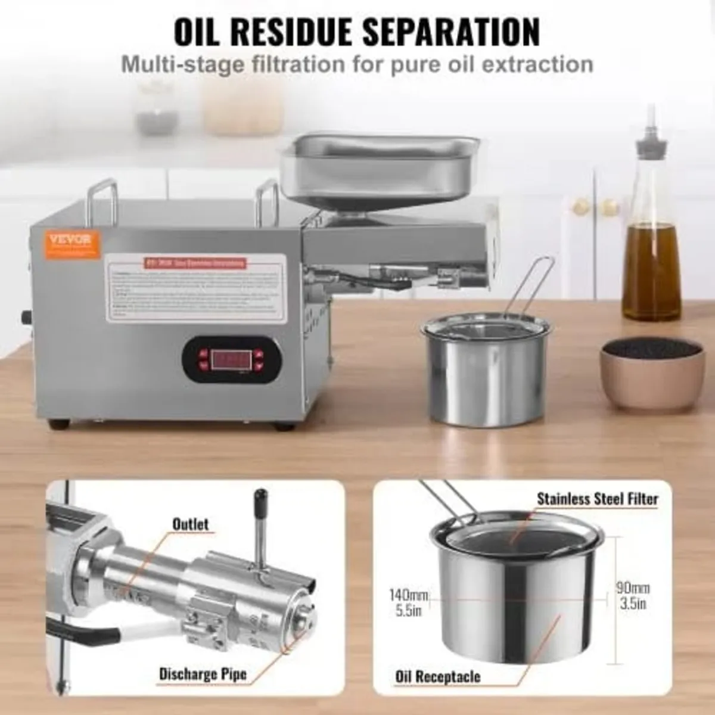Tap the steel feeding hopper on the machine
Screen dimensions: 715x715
[x=379, y=164]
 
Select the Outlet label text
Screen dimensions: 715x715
[x=190, y=524]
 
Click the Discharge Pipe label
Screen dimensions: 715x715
[x=203, y=674]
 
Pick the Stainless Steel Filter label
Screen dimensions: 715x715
[x=598, y=498]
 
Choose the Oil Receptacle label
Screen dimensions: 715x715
[x=437, y=677]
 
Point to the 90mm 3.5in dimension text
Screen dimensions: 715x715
[x=632, y=595]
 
